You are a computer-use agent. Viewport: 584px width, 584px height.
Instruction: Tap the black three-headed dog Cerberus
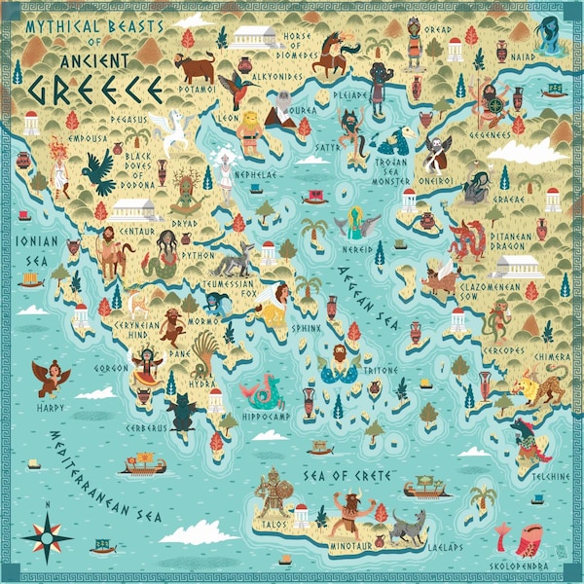181,414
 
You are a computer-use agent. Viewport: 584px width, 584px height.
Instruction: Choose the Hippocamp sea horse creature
261,390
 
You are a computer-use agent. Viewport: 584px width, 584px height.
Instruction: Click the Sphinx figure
275,302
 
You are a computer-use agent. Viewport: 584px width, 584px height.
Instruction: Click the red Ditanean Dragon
469,239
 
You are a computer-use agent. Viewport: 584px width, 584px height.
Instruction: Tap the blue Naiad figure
545,33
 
